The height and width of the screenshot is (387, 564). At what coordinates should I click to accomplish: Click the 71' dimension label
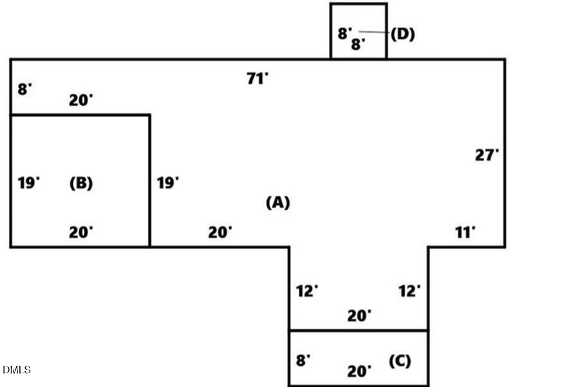tap(257, 79)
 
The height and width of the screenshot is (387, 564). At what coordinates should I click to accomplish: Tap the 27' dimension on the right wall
tap(487, 155)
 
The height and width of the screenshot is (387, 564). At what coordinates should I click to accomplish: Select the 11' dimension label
tap(465, 232)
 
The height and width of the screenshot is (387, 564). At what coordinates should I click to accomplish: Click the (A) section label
tap(277, 202)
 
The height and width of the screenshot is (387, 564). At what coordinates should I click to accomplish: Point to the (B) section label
tap(81, 183)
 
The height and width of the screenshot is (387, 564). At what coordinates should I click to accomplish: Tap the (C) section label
tap(400, 361)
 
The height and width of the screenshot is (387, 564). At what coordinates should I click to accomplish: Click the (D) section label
tap(403, 34)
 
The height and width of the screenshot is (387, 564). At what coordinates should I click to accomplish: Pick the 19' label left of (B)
tap(29, 183)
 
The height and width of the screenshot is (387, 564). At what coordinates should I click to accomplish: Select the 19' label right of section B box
tap(167, 183)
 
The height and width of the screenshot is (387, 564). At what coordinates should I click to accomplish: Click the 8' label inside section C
tap(303, 361)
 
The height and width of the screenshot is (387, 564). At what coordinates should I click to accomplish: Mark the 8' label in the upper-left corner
tap(24, 90)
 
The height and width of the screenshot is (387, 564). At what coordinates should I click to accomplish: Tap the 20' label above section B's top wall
tap(81, 100)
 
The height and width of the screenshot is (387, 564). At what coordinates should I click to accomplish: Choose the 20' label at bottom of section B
tap(81, 232)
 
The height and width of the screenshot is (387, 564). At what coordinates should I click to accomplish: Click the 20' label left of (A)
tap(220, 232)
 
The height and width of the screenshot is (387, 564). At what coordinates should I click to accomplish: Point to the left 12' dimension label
tap(307, 291)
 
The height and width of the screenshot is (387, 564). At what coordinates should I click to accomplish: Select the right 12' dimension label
tap(409, 291)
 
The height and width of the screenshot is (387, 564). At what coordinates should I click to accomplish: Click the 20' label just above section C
tap(359, 316)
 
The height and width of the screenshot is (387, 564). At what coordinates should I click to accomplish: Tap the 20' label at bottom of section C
tap(359, 372)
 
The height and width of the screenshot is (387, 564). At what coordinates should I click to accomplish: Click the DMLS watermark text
tap(17, 370)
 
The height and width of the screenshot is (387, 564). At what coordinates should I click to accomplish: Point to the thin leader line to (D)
tap(374, 32)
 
